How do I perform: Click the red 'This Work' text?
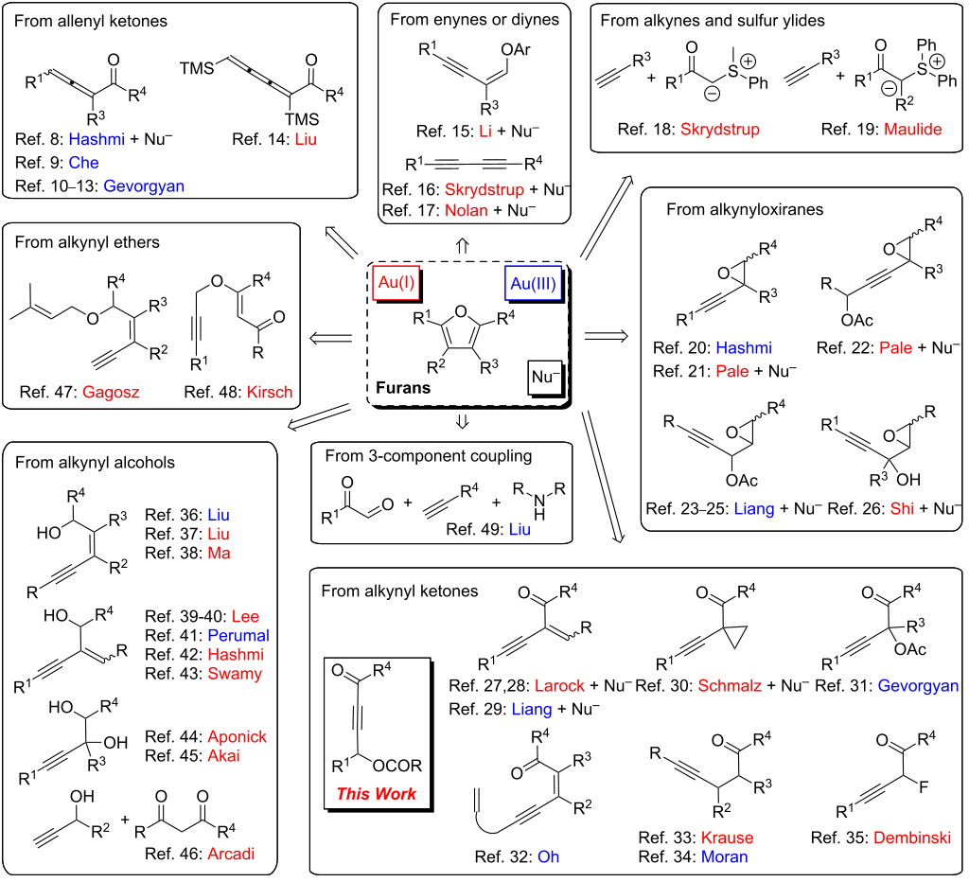[377, 793]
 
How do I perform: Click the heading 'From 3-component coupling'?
[428, 456]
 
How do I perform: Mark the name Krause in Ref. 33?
[726, 838]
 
